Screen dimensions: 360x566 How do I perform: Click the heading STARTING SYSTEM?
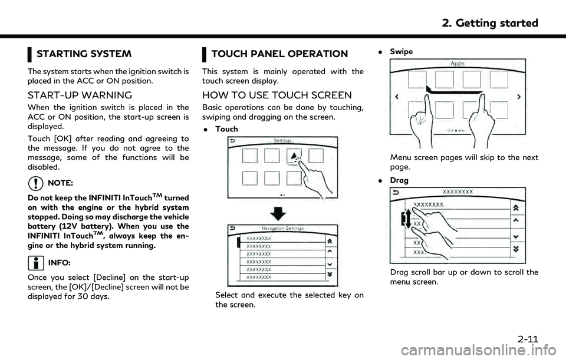coord(84,54)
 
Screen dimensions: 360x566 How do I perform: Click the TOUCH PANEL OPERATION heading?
coord(279,54)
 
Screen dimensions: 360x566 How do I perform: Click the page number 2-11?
coord(524,339)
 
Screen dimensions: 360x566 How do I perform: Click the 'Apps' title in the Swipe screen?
coord(458,62)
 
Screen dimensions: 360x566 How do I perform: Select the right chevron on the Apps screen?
coord(519,96)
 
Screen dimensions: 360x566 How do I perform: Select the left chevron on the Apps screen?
coord(397,96)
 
